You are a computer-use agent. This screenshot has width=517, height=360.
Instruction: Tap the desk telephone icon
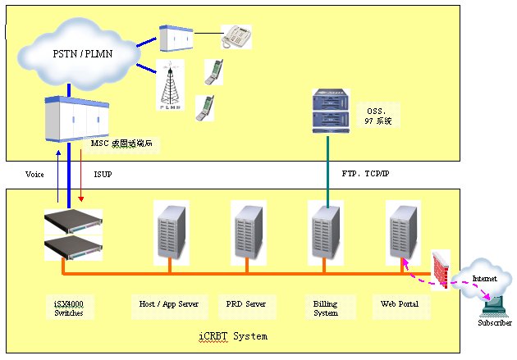tap(236, 36)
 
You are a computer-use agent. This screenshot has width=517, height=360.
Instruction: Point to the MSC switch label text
tap(121, 143)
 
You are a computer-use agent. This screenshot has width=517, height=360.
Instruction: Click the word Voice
tap(34, 174)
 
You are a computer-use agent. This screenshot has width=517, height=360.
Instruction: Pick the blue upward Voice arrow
tap(57, 176)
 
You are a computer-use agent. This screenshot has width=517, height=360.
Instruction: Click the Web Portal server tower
tap(400, 230)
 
